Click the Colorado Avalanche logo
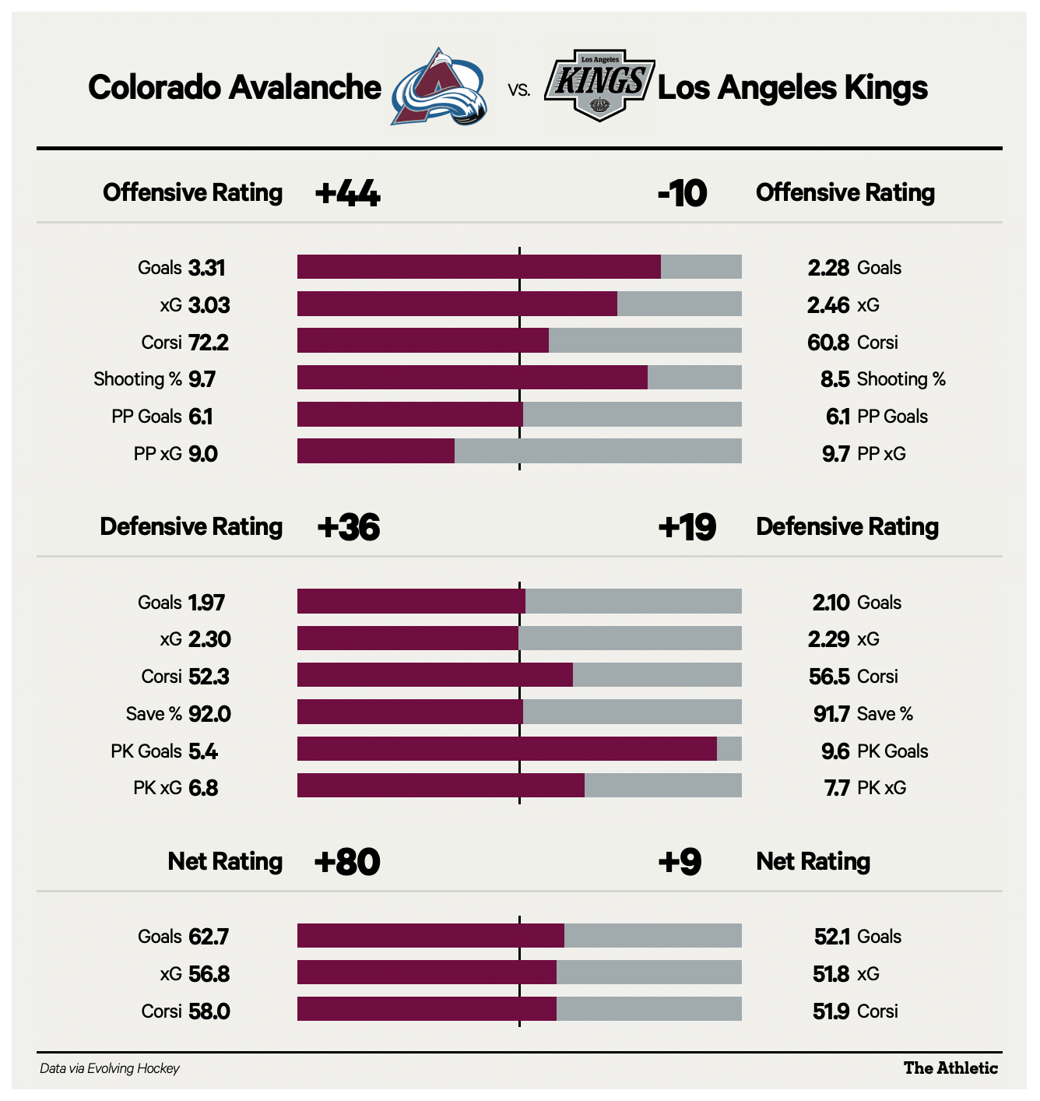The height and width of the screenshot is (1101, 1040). tap(439, 87)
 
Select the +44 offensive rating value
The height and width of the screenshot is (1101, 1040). tap(347, 193)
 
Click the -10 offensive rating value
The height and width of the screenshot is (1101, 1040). tap(682, 193)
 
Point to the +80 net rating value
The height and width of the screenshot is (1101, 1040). tap(347, 862)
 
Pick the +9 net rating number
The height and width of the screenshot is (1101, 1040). tap(680, 862)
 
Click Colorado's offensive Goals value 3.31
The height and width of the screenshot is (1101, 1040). tap(206, 268)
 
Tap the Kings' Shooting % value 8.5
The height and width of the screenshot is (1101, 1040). tap(834, 379)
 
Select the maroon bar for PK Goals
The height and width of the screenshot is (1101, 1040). tap(507, 749)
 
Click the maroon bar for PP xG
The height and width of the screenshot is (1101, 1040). tap(376, 452)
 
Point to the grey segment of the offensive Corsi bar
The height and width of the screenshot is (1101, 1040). tap(645, 341)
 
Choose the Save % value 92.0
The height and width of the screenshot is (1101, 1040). tap(209, 714)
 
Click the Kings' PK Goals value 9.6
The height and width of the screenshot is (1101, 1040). tap(834, 751)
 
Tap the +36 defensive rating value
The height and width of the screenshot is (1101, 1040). tap(349, 527)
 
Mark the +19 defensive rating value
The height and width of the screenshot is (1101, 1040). tap(687, 527)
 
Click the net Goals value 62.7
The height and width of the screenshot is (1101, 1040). tap(209, 937)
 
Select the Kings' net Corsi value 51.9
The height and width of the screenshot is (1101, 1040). tap(831, 1011)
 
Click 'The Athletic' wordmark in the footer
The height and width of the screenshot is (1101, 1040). tap(950, 1068)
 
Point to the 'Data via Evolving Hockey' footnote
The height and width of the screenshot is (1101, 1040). tap(110, 1069)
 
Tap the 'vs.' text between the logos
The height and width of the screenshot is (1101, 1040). tap(519, 90)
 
